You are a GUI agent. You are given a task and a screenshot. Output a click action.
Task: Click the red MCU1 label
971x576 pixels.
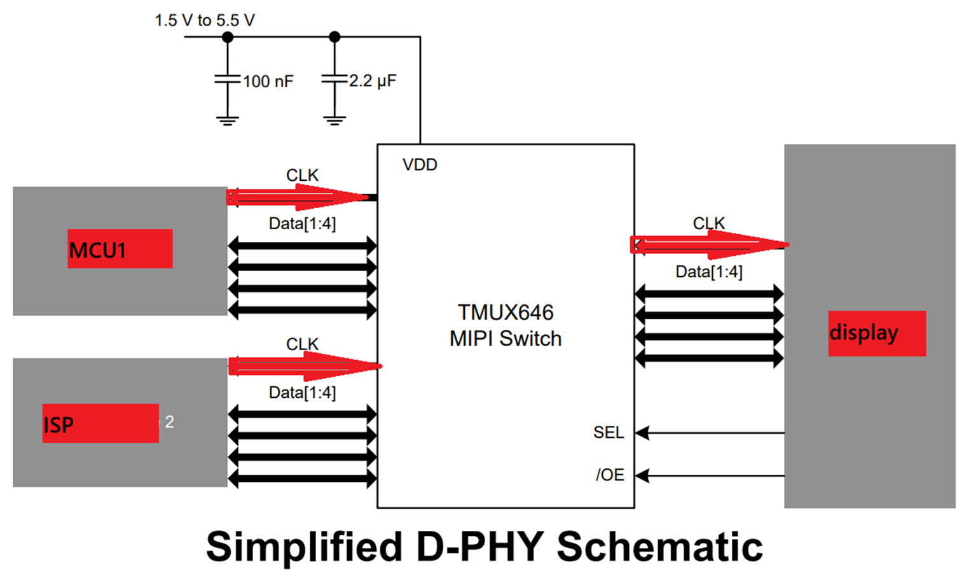(120, 248)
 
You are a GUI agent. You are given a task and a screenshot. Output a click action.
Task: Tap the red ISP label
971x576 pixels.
(100, 423)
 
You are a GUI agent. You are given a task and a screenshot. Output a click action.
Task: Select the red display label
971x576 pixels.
(877, 334)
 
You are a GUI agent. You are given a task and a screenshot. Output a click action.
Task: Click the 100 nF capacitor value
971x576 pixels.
(268, 81)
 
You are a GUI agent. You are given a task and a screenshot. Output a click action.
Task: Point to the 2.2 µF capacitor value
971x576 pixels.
(373, 81)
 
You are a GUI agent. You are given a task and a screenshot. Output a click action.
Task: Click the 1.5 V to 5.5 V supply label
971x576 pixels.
(205, 20)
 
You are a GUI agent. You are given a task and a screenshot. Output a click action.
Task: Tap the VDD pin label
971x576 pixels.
(420, 165)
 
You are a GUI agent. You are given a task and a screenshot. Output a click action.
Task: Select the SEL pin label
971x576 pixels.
(609, 432)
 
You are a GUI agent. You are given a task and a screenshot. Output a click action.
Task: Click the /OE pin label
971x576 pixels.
(610, 475)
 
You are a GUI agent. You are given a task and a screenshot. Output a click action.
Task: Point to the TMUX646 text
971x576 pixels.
(506, 313)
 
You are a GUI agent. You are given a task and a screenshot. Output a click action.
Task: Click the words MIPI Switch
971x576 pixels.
(506, 339)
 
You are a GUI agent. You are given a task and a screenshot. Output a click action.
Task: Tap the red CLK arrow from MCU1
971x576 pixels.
(298, 197)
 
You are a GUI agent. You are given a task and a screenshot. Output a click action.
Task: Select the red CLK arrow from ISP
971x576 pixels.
(305, 367)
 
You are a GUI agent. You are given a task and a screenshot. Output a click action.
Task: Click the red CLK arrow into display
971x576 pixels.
(710, 244)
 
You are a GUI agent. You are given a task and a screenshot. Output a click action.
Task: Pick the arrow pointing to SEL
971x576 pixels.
(710, 433)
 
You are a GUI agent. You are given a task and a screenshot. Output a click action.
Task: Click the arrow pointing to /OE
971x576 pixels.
(710, 475)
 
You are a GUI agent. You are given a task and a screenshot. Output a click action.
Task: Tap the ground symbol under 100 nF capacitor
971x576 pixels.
(228, 120)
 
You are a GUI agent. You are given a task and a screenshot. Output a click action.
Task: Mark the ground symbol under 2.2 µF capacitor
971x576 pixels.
(334, 120)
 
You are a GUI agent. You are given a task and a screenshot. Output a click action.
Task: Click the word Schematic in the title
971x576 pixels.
(659, 547)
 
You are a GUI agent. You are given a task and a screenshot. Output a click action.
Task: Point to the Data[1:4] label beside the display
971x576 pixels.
(709, 272)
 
